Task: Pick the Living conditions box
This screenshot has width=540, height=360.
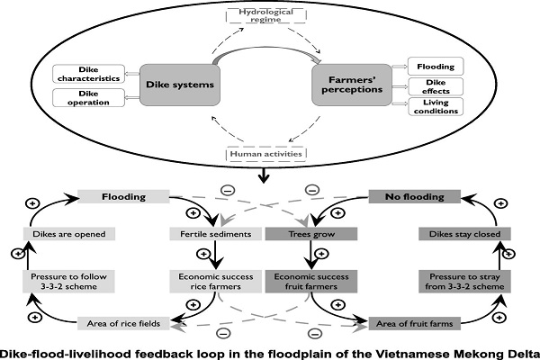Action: tap(433, 106)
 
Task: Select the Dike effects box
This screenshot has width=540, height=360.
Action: tap(433, 85)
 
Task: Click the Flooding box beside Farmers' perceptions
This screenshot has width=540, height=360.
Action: tap(433, 66)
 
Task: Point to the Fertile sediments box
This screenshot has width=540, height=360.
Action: tap(216, 234)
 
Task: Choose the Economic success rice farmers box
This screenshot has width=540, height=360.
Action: tap(216, 282)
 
